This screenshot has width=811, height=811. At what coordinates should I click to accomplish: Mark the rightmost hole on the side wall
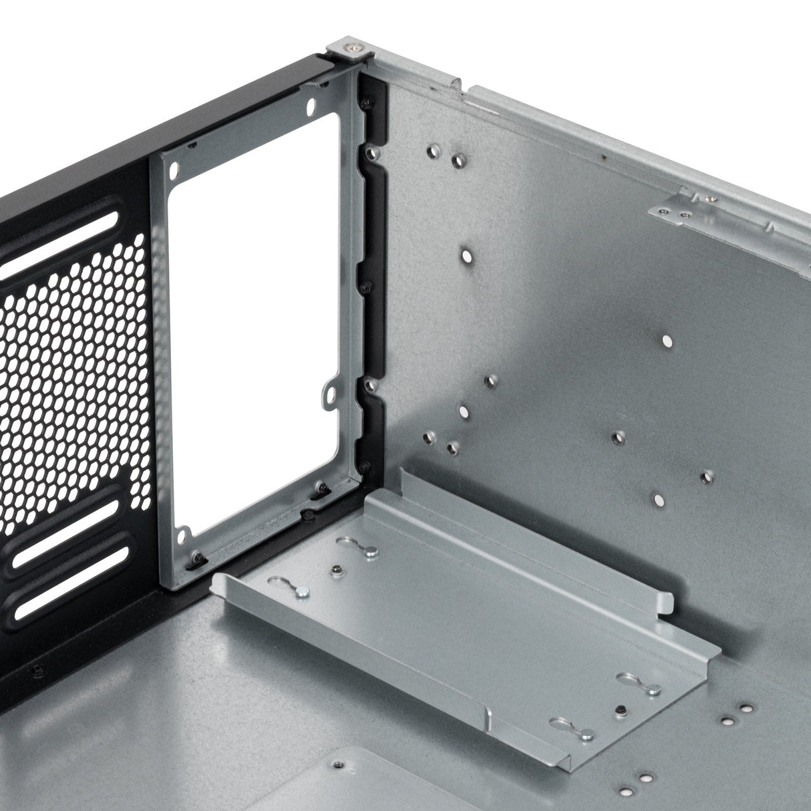click(x=707, y=476)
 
